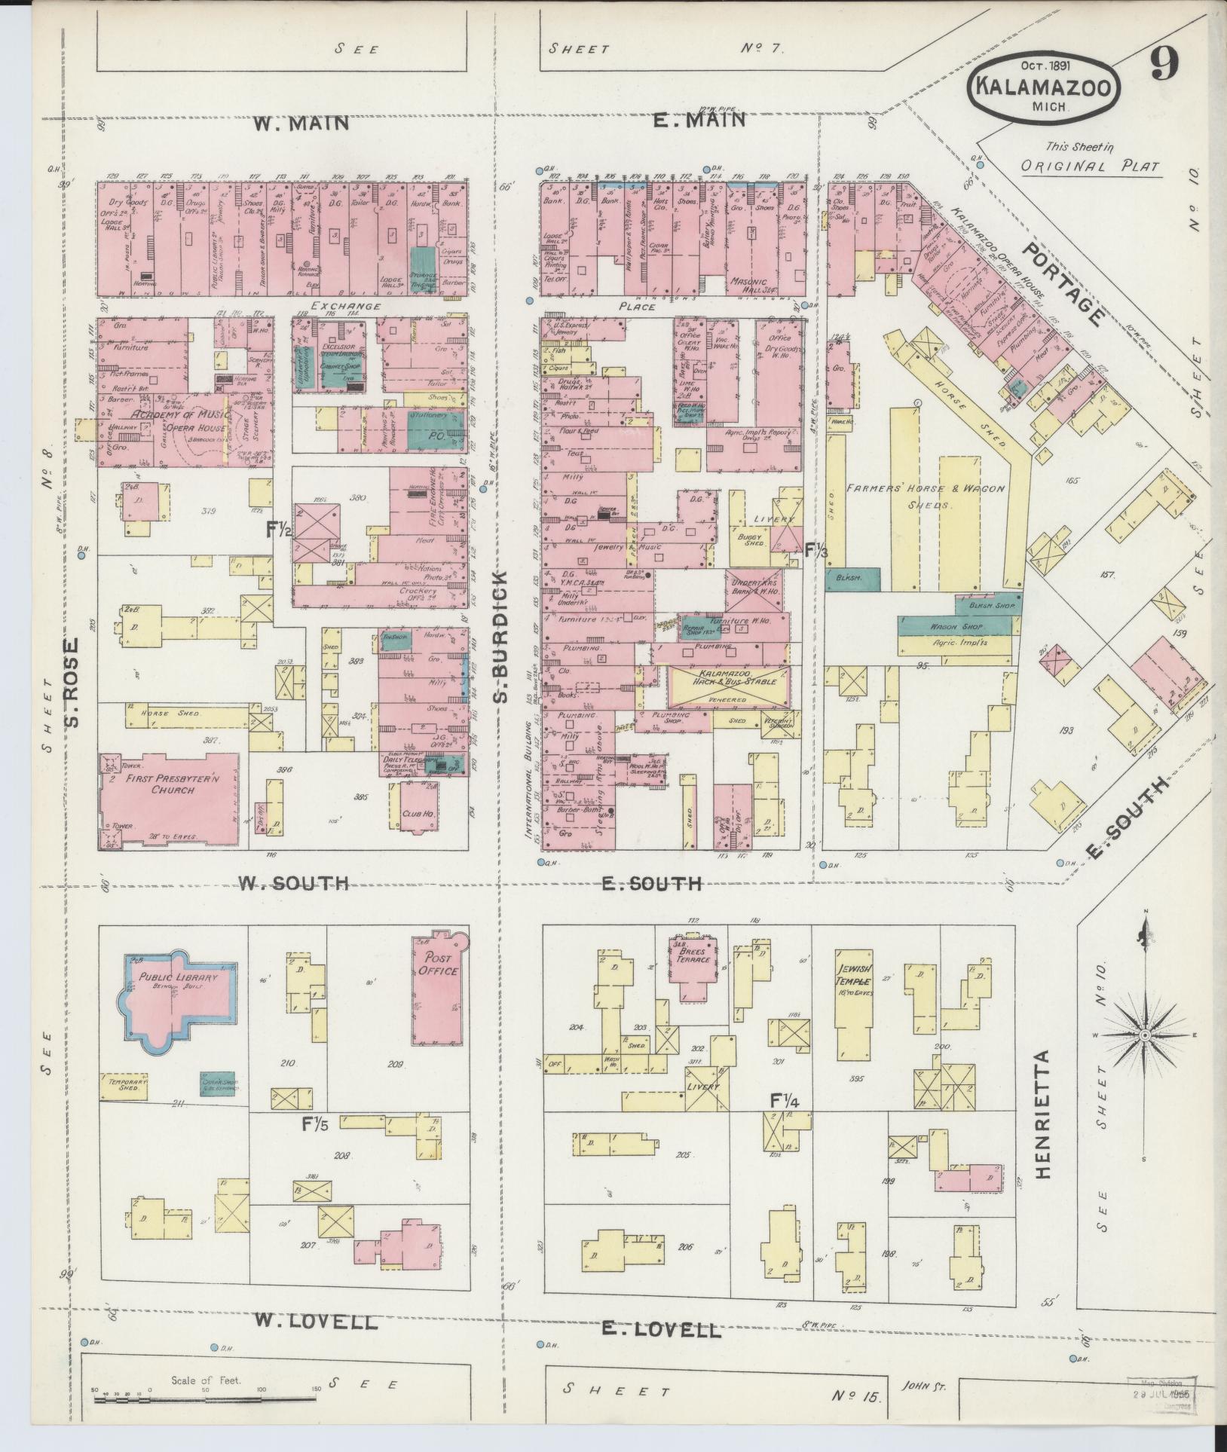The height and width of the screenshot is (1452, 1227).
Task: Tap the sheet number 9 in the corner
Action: [1164, 66]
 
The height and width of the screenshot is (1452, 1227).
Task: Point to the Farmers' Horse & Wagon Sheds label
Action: [925, 497]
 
